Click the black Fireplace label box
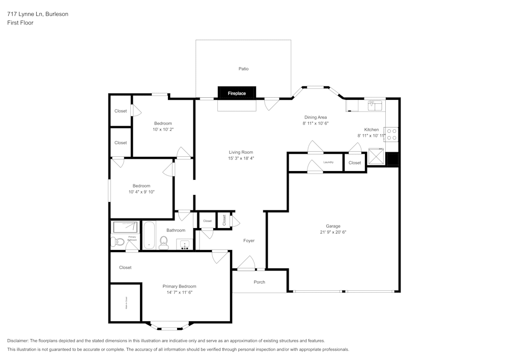[x=237, y=93]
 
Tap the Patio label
[x=243, y=69]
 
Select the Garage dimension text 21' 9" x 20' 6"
[x=333, y=232]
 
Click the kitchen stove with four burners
[x=391, y=134]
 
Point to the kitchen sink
[x=376, y=105]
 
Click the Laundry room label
[x=328, y=162]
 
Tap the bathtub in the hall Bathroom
[x=149, y=235]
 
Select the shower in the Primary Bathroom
[x=125, y=227]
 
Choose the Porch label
[x=259, y=282]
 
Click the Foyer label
[x=248, y=241]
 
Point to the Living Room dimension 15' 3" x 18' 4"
[x=241, y=158]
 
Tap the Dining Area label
[x=316, y=117]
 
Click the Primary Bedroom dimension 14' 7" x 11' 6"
[x=179, y=292]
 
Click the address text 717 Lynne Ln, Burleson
[x=38, y=14]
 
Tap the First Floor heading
[x=20, y=23]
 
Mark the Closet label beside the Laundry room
[x=355, y=163]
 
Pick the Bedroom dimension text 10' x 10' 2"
[x=163, y=129]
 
